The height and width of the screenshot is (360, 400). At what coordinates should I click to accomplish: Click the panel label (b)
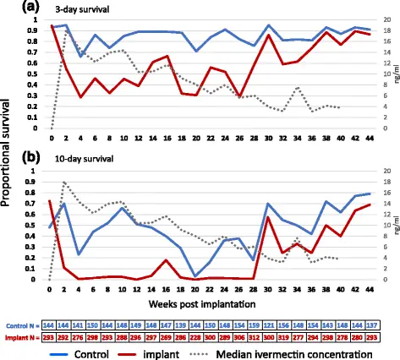(x=12, y=157)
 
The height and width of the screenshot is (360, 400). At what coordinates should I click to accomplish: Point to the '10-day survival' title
(x=73, y=160)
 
